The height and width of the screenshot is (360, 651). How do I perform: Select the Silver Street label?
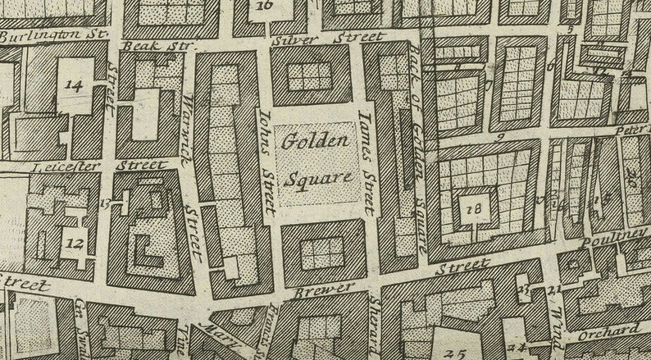click(328, 39)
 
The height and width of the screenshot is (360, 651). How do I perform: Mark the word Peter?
click(632, 130)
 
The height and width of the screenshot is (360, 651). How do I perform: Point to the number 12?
click(75, 243)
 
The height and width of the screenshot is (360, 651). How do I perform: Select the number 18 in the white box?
click(473, 209)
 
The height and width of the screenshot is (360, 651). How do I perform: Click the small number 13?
click(105, 202)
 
